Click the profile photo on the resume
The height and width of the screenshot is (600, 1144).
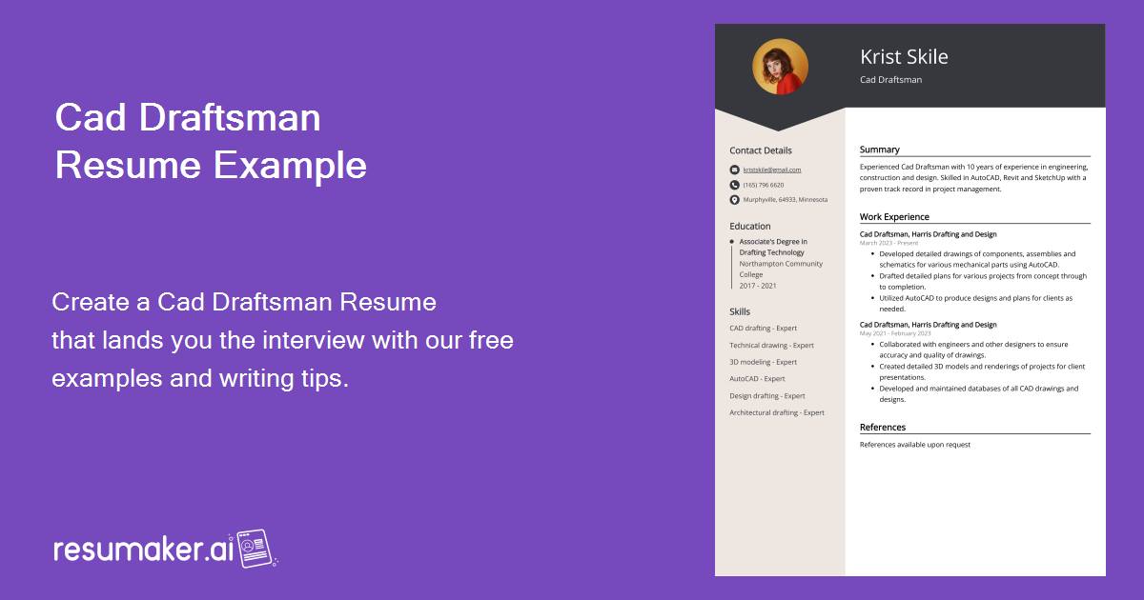click(x=780, y=67)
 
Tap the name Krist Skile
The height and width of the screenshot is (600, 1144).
click(x=904, y=57)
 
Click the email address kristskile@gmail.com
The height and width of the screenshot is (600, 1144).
click(x=772, y=170)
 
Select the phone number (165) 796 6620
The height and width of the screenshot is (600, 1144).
click(x=764, y=185)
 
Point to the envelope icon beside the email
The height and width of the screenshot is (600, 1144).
click(x=734, y=170)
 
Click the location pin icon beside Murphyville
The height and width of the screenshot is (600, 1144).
click(x=734, y=200)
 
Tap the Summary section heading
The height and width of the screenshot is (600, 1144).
click(x=879, y=150)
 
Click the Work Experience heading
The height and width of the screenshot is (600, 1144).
click(x=894, y=217)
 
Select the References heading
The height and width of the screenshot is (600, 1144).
click(x=883, y=428)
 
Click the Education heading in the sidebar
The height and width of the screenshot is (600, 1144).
click(x=750, y=227)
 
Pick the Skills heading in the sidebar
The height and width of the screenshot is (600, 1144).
click(x=740, y=311)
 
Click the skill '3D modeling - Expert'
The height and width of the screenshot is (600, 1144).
click(x=764, y=362)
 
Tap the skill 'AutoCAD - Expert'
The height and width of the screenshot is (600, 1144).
click(x=758, y=379)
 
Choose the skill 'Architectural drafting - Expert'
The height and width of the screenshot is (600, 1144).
click(x=777, y=412)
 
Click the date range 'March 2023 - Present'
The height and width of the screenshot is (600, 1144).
click(x=889, y=243)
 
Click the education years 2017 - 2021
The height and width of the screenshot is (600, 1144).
click(x=758, y=286)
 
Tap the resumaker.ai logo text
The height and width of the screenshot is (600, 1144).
click(x=143, y=550)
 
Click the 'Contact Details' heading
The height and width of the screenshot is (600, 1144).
click(x=761, y=150)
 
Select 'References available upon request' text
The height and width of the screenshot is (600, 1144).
click(x=915, y=445)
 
